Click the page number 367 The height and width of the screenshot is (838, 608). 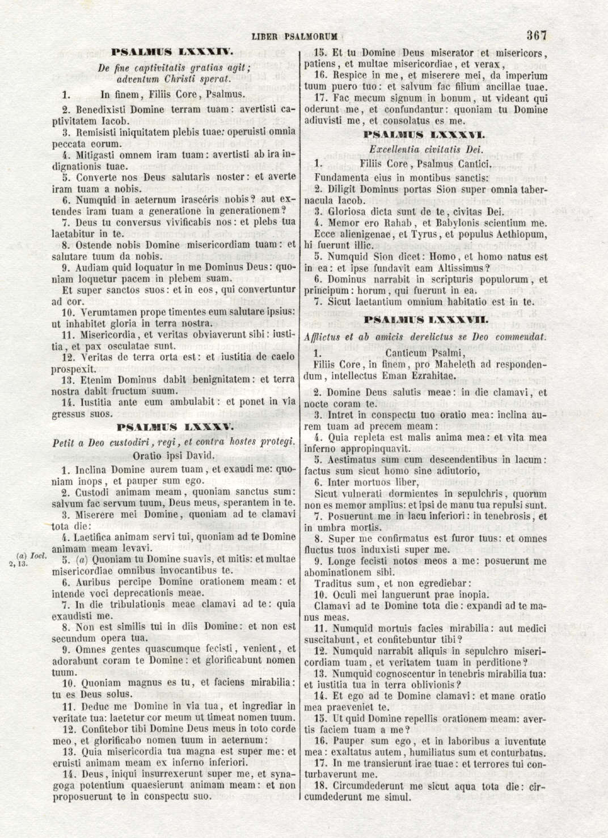tap(536, 35)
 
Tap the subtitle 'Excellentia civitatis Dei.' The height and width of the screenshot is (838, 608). tap(425, 150)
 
